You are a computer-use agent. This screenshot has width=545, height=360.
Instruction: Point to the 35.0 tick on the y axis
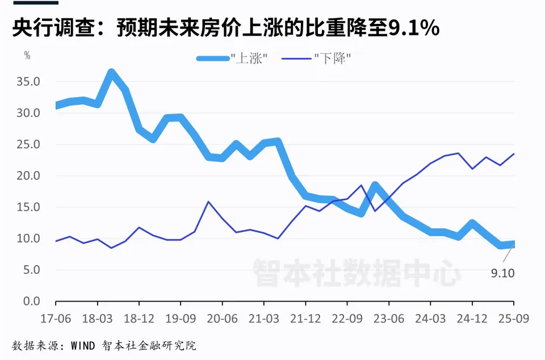[28, 82]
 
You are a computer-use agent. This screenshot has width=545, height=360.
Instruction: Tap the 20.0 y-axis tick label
[28, 176]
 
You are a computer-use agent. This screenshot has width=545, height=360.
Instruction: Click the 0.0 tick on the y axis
[32, 302]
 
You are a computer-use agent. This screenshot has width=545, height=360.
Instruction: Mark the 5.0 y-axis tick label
[32, 270]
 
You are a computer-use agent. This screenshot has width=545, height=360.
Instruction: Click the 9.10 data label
[502, 274]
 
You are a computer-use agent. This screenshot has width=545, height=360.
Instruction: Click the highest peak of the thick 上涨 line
[111, 73]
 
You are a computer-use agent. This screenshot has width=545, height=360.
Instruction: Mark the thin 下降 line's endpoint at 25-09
[514, 153]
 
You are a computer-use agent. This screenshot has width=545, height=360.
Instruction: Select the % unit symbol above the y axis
[27, 56]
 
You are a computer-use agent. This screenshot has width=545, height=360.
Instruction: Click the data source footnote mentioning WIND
[104, 345]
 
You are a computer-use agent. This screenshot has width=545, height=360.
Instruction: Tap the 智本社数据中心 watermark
[356, 273]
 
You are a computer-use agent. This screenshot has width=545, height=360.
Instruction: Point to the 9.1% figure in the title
[413, 27]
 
